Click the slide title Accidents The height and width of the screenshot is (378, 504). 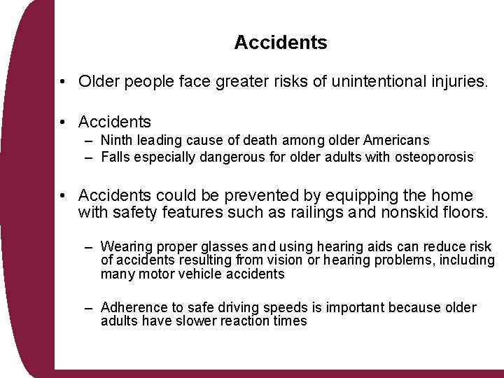(x=281, y=43)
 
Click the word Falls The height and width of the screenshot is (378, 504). (x=116, y=157)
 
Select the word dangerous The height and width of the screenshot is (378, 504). (x=232, y=157)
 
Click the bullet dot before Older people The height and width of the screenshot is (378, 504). (x=63, y=83)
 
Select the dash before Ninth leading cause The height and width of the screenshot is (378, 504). (x=90, y=141)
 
